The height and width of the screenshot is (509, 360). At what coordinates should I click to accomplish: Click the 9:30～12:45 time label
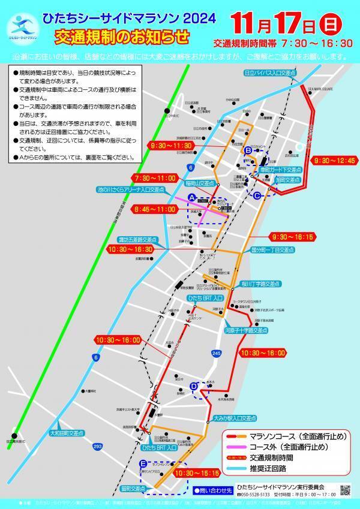(333, 161)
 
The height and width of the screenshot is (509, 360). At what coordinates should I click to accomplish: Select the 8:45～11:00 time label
(155, 210)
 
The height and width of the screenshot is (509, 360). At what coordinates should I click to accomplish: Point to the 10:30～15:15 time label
(194, 472)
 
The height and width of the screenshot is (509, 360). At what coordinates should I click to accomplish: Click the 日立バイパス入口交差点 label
(271, 73)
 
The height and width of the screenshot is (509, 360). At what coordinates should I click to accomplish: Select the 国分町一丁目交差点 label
(272, 249)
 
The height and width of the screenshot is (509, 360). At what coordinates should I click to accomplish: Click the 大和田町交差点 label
(67, 432)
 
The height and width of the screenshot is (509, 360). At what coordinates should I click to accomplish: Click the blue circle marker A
(192, 197)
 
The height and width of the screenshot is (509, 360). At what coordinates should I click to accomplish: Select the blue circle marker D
(193, 387)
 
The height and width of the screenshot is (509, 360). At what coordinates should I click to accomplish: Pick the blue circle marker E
(143, 463)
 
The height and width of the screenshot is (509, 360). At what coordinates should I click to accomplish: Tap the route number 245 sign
(216, 355)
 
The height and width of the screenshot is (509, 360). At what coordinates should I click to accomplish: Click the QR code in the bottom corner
(345, 490)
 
